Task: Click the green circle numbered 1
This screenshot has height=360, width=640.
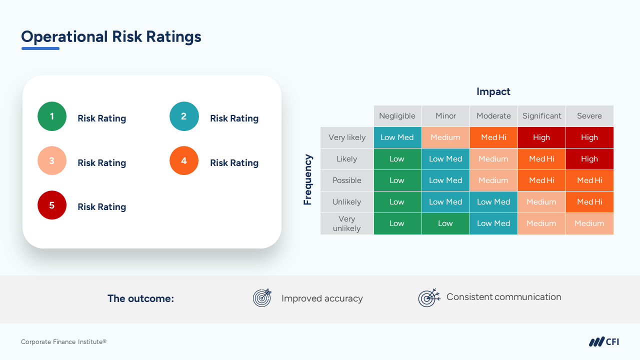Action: [x=52, y=116]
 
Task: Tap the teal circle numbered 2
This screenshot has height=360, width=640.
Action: [x=184, y=116]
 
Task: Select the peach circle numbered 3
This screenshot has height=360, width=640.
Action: [x=52, y=160]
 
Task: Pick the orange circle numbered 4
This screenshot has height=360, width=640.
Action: [x=184, y=160]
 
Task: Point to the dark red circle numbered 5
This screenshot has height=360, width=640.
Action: [x=52, y=205]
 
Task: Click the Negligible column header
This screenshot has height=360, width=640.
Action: [x=397, y=116]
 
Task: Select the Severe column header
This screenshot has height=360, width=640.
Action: [x=589, y=116]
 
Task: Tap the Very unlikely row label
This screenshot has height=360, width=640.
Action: [x=346, y=223]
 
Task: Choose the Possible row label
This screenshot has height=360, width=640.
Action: [x=346, y=180]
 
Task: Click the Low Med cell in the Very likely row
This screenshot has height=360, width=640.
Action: [x=397, y=137]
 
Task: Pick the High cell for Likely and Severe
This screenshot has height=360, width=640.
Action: [x=589, y=159]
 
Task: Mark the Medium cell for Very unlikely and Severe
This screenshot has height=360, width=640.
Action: [x=589, y=223]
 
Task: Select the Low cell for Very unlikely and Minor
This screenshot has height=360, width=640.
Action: [x=445, y=223]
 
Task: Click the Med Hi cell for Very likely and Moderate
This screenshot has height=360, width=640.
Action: [x=493, y=137]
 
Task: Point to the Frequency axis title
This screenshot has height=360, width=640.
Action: [x=308, y=180]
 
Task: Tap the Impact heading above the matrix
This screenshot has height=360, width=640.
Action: [x=493, y=91]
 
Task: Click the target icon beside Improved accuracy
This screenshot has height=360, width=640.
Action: [x=262, y=298]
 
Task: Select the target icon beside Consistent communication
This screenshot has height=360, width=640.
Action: [x=428, y=297]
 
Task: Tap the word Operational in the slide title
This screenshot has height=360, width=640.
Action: [x=64, y=36]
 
